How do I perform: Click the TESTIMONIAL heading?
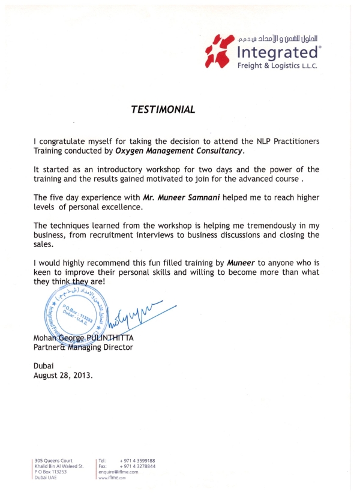(x=163, y=110)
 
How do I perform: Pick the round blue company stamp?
(x=73, y=311)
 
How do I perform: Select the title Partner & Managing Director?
(x=83, y=347)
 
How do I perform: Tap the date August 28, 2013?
(x=63, y=376)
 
